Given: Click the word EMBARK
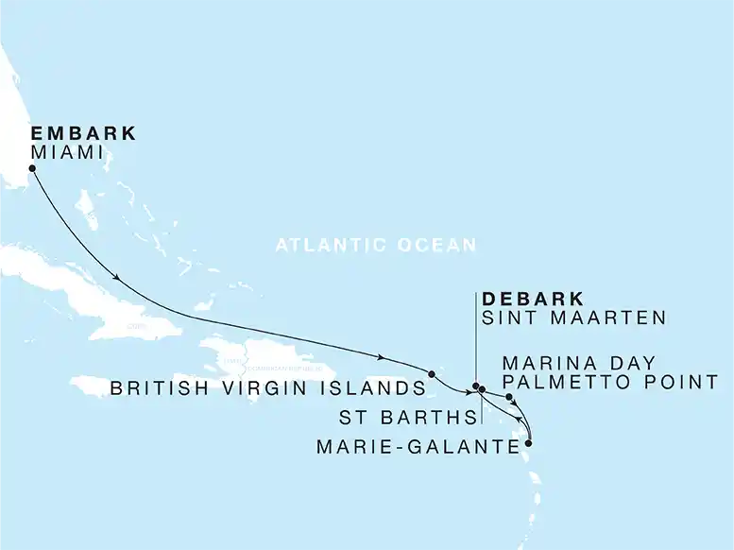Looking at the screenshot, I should (83, 133).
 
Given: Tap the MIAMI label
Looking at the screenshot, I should (67, 152).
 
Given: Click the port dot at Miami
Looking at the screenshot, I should (33, 169).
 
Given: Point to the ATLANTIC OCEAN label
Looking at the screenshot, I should (376, 246).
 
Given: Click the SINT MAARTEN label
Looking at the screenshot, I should (574, 318).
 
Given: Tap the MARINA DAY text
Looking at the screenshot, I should (578, 364).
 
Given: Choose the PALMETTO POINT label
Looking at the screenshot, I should (611, 383).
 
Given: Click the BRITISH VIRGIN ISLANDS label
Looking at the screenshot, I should (267, 388).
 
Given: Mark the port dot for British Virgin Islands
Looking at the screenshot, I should (432, 374).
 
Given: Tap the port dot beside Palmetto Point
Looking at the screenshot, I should (510, 398).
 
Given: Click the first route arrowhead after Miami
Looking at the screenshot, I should (117, 278).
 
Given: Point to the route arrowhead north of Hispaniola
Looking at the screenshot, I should (381, 356).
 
